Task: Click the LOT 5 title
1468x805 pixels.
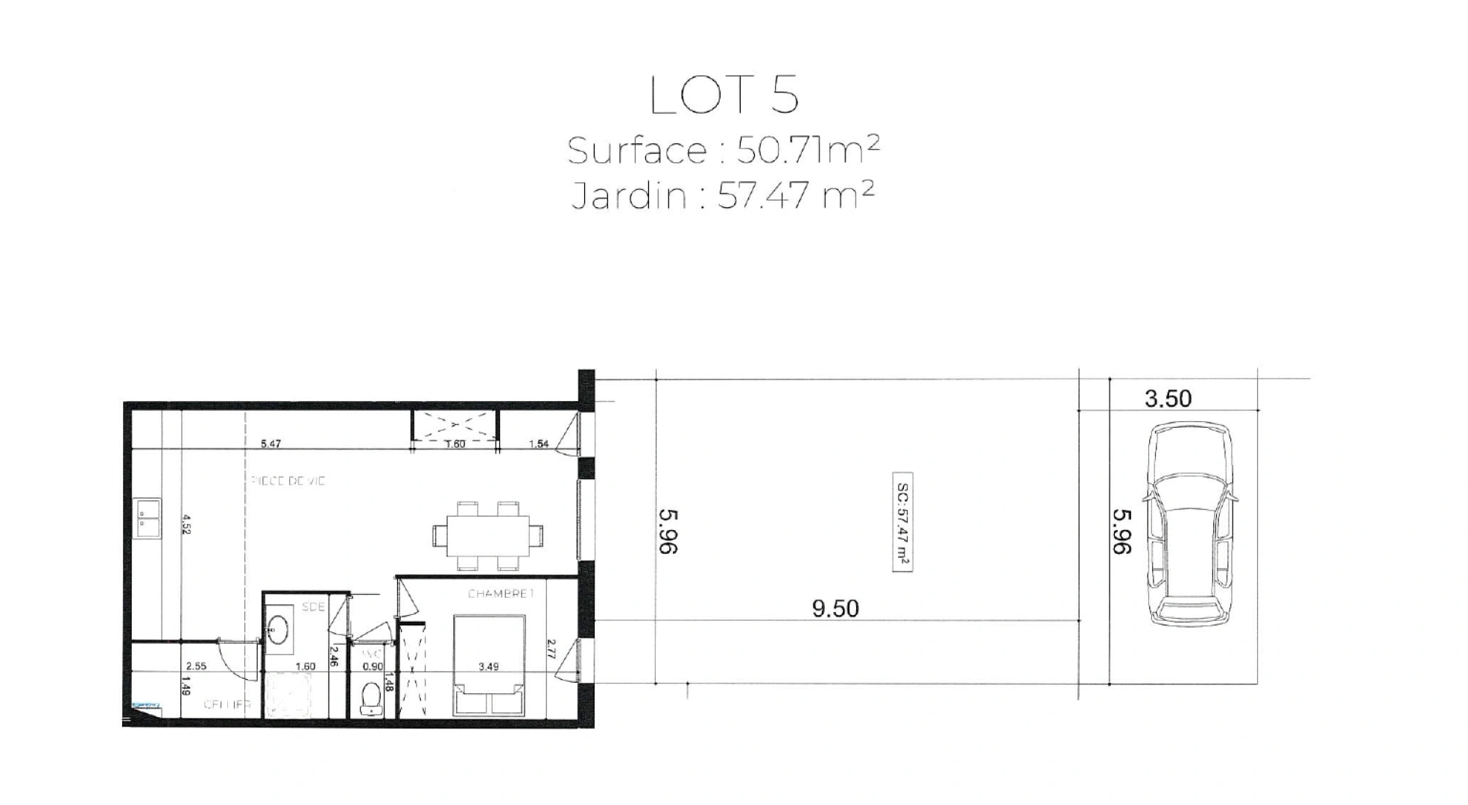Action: [724, 95]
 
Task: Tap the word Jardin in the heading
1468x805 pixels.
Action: [628, 196]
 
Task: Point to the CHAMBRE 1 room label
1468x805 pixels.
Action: [502, 594]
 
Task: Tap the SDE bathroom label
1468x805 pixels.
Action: [313, 607]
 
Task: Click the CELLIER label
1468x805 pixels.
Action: [227, 704]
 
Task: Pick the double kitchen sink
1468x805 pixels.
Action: [148, 518]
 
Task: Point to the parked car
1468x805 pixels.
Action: [1189, 523]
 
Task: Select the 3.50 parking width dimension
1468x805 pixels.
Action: [1168, 399]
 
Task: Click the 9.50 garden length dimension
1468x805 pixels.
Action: [835, 609]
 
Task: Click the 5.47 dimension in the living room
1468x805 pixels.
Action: [270, 444]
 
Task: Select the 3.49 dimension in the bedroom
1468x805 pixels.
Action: [488, 666]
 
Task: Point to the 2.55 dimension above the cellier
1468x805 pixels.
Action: [196, 666]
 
